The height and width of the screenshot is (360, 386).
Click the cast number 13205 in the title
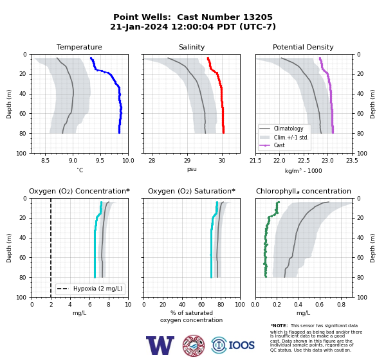(x=258, y=17)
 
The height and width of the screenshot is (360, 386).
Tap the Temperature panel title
(x=79, y=47)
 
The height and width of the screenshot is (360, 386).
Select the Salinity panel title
(x=192, y=47)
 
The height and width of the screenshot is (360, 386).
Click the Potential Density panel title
(x=303, y=47)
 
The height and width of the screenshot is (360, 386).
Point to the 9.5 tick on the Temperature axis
(x=100, y=161)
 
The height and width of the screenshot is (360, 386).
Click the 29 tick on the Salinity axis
(x=187, y=161)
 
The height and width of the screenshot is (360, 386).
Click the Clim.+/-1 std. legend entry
(x=284, y=137)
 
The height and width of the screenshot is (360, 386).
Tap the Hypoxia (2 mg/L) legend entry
(x=90, y=289)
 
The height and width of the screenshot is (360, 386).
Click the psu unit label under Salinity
(x=192, y=169)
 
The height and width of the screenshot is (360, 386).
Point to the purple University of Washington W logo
(x=160, y=345)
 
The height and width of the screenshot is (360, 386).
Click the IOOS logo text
(x=241, y=345)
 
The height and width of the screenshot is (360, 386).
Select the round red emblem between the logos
(x=194, y=345)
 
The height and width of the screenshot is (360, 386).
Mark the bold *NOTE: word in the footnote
(x=279, y=325)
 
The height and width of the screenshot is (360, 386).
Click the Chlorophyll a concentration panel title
(x=304, y=191)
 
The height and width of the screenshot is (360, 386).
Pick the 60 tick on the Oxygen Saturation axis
(x=201, y=305)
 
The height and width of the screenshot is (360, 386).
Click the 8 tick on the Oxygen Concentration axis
(x=109, y=305)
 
